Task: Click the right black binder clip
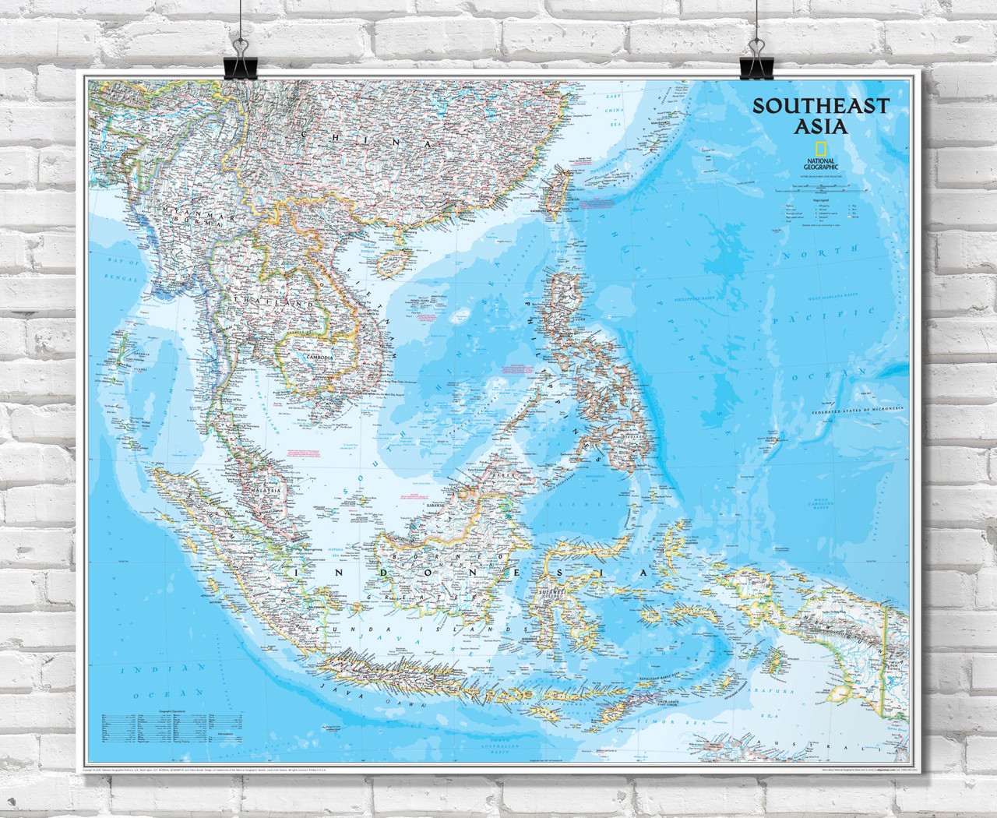tap(754, 62)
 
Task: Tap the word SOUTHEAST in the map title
tap(820, 107)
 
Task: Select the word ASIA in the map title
tap(820, 126)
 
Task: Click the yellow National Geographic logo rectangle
tap(820, 150)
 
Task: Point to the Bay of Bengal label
tap(124, 271)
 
